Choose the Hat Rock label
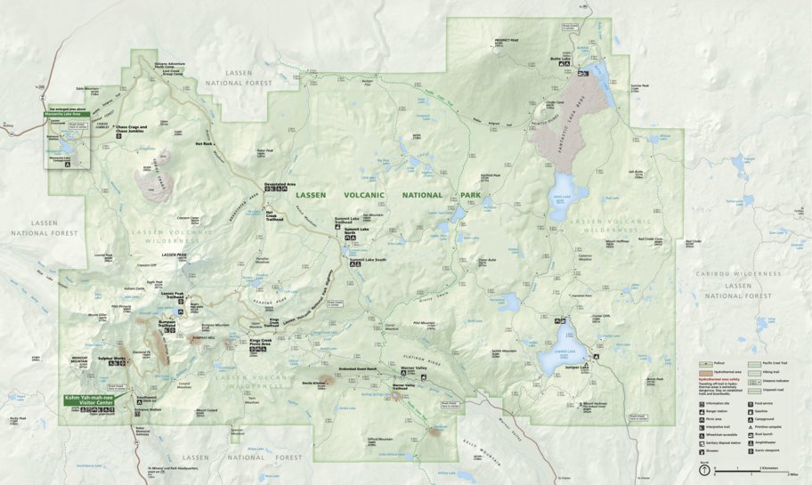[204, 142]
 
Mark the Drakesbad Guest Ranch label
[358, 368]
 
